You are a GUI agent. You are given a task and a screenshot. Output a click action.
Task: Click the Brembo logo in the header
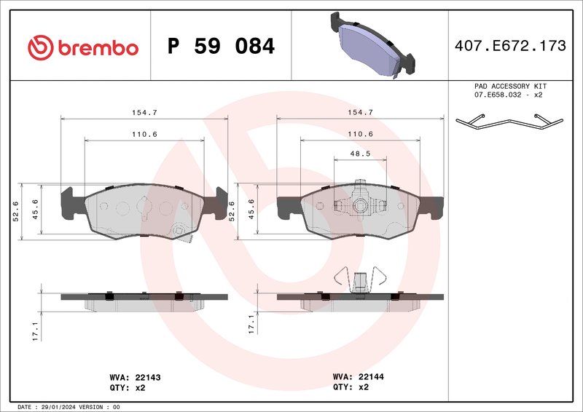point(82,47)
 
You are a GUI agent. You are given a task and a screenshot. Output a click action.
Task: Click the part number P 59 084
point(221,47)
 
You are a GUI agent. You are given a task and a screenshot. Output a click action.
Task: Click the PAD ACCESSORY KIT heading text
point(509,86)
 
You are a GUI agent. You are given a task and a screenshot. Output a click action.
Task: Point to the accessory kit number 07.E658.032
point(498,95)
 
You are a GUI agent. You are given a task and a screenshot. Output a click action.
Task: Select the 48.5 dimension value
point(360,154)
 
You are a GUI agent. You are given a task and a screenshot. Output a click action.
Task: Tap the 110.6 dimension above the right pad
point(360,134)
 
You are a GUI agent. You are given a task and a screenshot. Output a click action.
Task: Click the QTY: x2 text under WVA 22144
point(351,387)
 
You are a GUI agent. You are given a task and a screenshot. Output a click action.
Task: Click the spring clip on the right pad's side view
point(359,280)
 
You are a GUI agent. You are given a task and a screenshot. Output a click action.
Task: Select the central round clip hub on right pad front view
point(359,207)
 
